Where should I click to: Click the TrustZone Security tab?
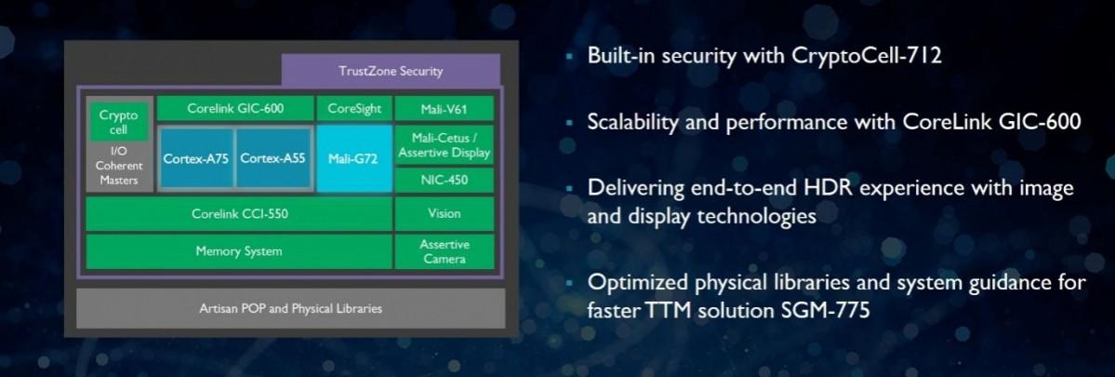click(x=391, y=71)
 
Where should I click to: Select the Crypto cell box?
click(x=118, y=122)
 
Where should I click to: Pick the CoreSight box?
click(x=354, y=108)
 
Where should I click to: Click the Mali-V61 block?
click(x=444, y=108)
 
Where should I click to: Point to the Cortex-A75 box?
click(x=195, y=158)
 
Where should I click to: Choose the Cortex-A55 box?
click(x=272, y=158)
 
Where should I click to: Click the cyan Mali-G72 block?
click(x=353, y=158)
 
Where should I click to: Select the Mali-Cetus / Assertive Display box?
click(x=444, y=145)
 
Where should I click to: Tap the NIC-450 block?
click(x=444, y=180)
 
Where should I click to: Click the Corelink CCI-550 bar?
click(x=239, y=213)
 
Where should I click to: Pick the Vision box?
click(x=444, y=213)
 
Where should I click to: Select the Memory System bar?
click(x=239, y=251)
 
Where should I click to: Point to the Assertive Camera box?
click(x=444, y=251)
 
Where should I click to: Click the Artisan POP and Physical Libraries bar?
click(x=290, y=308)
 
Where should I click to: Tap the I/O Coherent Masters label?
click(x=118, y=166)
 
